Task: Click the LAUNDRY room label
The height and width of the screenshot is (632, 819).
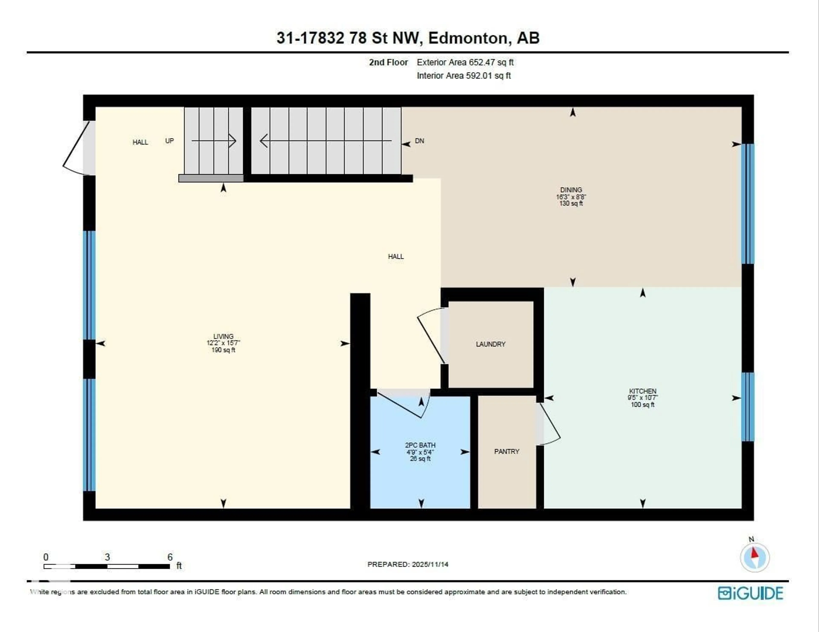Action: (491, 344)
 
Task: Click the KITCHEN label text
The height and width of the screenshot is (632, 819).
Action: (642, 391)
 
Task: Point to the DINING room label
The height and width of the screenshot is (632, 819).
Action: (571, 190)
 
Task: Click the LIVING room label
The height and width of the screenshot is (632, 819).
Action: (223, 336)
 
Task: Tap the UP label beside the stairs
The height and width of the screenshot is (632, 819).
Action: (170, 141)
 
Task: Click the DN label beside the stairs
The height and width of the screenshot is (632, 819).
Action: (419, 141)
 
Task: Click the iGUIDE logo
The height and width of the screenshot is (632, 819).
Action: (750, 593)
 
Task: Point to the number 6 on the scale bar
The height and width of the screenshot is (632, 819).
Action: (170, 557)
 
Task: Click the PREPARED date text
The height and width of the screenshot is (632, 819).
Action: (408, 564)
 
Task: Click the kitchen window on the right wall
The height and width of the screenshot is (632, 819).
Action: (748, 407)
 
